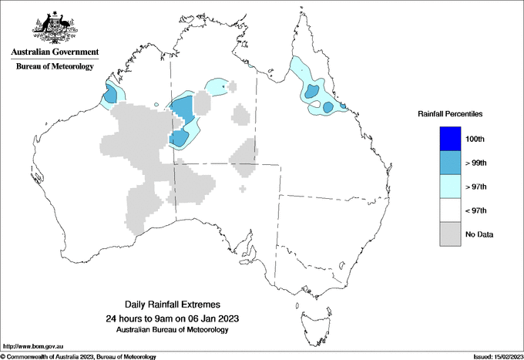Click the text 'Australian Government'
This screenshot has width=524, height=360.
click(55, 52)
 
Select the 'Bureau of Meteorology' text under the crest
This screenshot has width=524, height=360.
click(55, 67)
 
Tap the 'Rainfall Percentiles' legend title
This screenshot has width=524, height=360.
click(450, 113)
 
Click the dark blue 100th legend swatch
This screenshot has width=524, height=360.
click(450, 139)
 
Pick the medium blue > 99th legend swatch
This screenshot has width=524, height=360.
click(450, 163)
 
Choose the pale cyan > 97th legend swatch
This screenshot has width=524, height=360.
click(450, 187)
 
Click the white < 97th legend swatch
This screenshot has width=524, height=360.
click(450, 210)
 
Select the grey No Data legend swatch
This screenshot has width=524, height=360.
click(450, 234)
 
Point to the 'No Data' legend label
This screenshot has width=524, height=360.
click(480, 234)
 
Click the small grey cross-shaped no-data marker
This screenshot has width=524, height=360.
click(244, 188)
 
